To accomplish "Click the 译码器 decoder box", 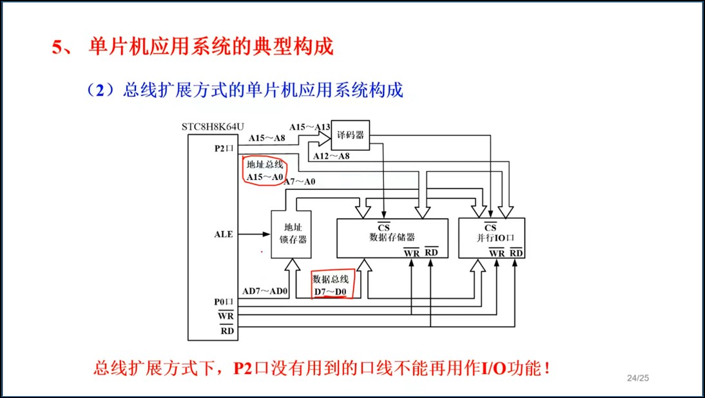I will pyautogui.click(x=350, y=135).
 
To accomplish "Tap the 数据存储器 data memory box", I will pyautogui.click(x=392, y=237).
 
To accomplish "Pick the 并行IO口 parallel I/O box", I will pyautogui.click(x=491, y=237).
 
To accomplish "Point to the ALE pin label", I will pyautogui.click(x=224, y=234).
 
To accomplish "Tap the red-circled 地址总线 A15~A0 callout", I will pyautogui.click(x=265, y=170).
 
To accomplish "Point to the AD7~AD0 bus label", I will pyautogui.click(x=266, y=291).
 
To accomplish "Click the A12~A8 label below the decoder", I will pyautogui.click(x=331, y=155).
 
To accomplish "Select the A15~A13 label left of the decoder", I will pyautogui.click(x=309, y=127).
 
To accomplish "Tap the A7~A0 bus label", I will pyautogui.click(x=300, y=182).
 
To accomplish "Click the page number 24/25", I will pyautogui.click(x=637, y=377).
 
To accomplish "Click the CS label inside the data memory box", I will pyautogui.click(x=383, y=227).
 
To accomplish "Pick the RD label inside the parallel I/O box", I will pyautogui.click(x=516, y=253).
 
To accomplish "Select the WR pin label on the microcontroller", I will pyautogui.click(x=226, y=315).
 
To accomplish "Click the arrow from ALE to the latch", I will pyautogui.click(x=255, y=234).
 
